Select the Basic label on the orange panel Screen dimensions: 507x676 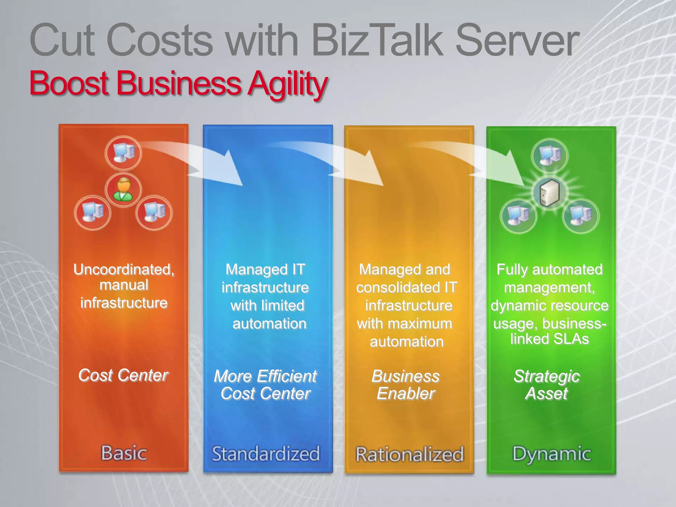click(x=124, y=453)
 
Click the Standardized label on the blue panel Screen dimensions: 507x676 click(x=266, y=454)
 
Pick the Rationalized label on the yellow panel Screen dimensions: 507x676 click(x=410, y=455)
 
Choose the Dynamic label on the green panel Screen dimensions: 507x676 click(x=551, y=454)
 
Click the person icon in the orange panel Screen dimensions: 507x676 click(x=123, y=190)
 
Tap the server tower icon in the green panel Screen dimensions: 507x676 click(x=549, y=193)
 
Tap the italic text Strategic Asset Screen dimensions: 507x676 click(x=547, y=385)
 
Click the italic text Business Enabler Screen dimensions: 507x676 click(x=406, y=385)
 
